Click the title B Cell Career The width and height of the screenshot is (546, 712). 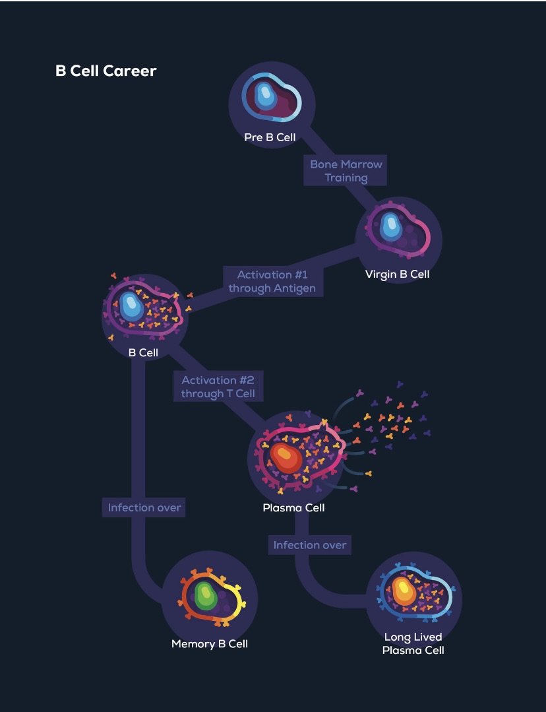106,71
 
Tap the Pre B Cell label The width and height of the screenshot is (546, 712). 270,138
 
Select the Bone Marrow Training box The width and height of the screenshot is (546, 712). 346,171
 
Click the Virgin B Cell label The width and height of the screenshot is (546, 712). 397,274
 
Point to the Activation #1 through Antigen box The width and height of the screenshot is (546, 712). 272,281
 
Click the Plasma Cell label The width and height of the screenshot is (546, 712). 293,508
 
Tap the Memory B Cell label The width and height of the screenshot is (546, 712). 210,643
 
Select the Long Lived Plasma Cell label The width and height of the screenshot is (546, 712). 413,643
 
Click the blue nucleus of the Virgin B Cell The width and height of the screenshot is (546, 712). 390,227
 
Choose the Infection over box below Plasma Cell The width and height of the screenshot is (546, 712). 310,545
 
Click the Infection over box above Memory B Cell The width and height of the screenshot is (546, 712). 144,507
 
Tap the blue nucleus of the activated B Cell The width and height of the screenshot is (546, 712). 131,306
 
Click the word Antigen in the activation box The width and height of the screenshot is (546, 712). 294,288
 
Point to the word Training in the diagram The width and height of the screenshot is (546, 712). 346,178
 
